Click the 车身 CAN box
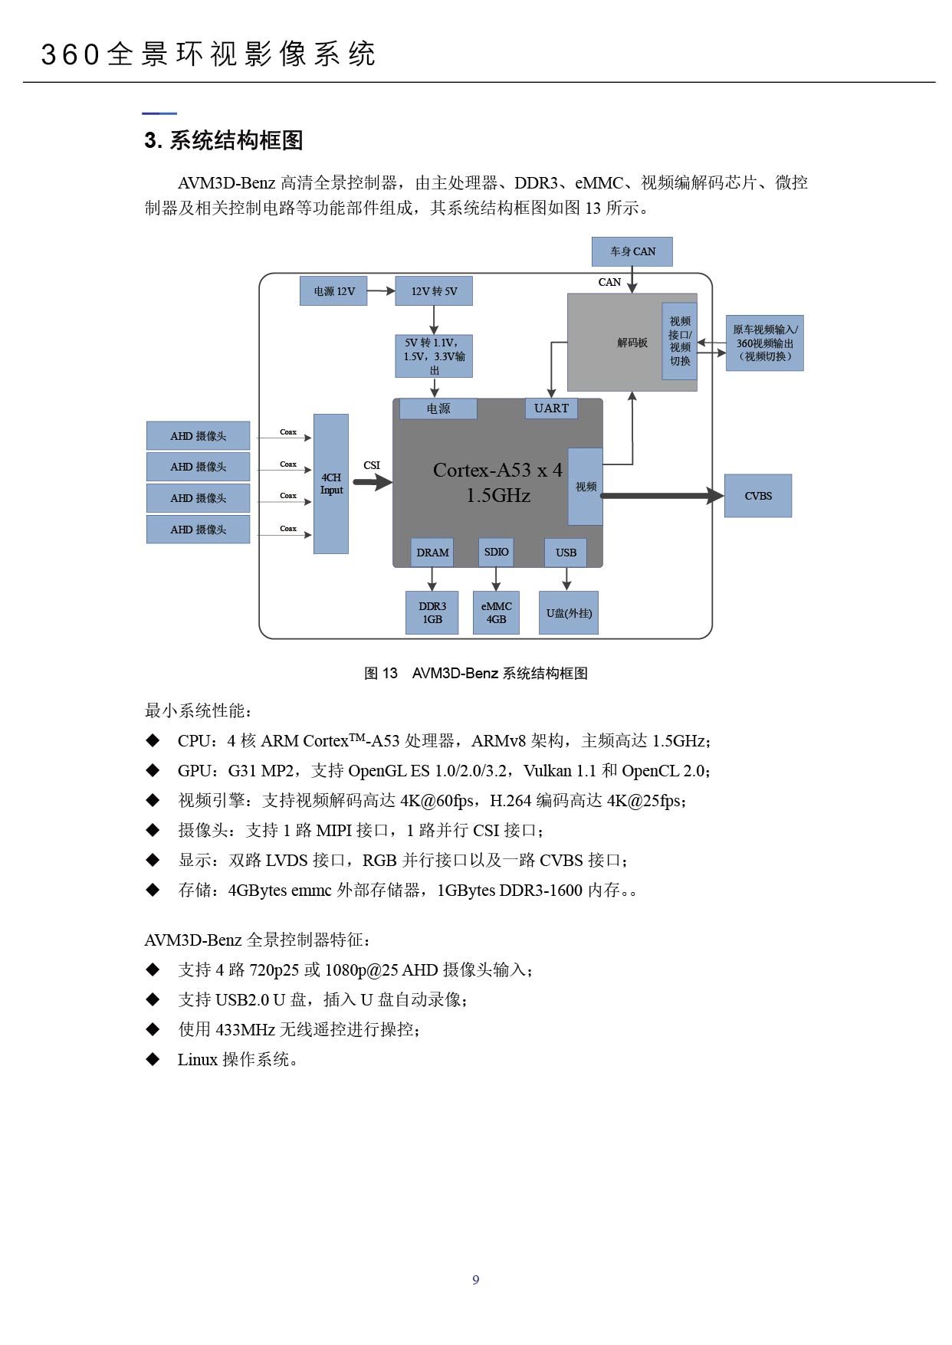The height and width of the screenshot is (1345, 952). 632,251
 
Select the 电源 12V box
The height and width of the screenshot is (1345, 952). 333,291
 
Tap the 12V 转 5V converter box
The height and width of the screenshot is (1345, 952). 434,291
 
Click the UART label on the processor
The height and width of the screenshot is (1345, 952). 551,408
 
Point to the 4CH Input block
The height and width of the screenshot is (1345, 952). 331,484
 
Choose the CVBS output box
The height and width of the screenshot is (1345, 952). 758,496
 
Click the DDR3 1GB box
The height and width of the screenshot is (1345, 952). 432,612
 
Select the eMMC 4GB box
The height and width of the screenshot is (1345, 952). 496,612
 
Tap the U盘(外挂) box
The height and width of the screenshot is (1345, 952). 569,613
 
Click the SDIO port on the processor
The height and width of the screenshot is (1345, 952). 496,552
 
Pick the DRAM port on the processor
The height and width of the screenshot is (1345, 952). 432,553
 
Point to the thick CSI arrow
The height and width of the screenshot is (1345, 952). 373,482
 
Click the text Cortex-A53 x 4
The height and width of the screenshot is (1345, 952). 497,470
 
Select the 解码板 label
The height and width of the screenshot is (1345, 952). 632,343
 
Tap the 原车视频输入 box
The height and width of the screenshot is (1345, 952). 765,343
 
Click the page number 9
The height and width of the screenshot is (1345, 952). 476,1280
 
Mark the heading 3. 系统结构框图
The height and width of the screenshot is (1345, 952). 224,140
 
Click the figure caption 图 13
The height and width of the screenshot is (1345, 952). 381,673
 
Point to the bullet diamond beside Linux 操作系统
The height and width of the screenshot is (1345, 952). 153,1059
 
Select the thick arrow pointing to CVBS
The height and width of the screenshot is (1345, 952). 662,496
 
